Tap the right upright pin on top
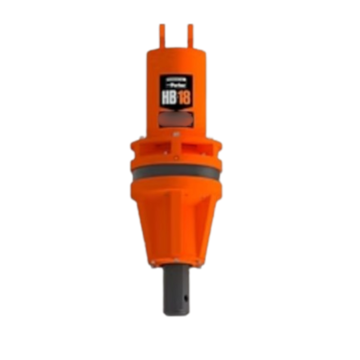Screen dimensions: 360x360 click(x=190, y=34)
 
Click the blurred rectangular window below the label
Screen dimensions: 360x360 click(x=176, y=116)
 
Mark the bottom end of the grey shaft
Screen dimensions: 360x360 click(x=176, y=310)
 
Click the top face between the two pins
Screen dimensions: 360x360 click(x=176, y=48)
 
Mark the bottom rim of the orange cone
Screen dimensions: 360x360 click(x=176, y=262)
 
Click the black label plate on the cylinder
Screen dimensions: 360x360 click(x=176, y=89)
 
